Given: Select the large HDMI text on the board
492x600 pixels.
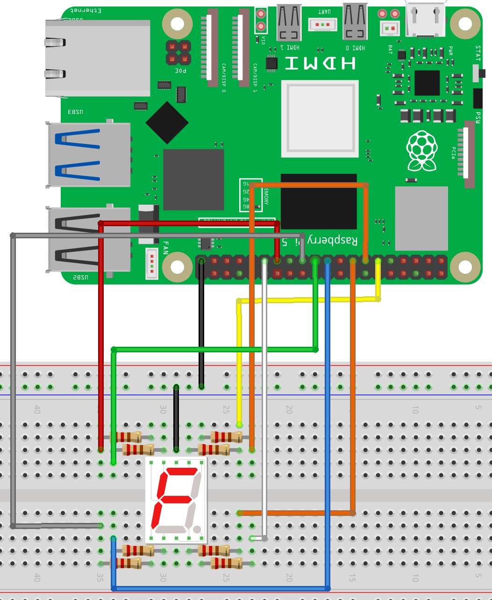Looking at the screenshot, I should [x=320, y=63].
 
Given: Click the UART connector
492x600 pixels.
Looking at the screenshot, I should [x=322, y=24].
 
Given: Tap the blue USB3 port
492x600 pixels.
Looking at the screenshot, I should [x=89, y=154].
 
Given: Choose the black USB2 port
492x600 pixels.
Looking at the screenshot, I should [x=89, y=239].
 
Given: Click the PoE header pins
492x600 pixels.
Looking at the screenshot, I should [x=178, y=53].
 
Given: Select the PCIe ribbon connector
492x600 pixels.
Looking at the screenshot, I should [x=469, y=154].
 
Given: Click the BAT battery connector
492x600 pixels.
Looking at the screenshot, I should [x=390, y=29].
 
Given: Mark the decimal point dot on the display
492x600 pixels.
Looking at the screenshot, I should [x=197, y=529].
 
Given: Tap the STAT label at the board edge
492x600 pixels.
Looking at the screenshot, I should [x=478, y=53].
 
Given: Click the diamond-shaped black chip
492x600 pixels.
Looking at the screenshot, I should [x=167, y=122].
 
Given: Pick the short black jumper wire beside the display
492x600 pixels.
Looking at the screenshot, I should [x=176, y=418].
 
